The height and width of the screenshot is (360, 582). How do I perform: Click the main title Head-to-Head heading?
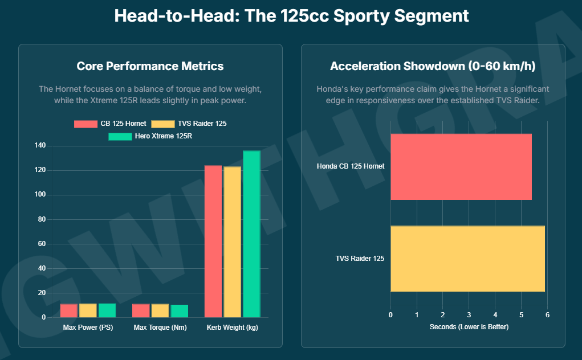(291, 15)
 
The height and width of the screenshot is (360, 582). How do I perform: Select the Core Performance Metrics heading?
(150, 66)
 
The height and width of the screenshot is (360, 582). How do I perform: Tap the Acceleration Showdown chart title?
(433, 66)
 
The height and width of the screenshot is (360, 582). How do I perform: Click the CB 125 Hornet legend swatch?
(86, 124)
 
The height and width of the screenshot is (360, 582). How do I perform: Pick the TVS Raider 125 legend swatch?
(163, 124)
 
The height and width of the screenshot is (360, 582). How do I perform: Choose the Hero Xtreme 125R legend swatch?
(120, 136)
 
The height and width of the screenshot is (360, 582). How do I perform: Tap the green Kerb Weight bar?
(251, 234)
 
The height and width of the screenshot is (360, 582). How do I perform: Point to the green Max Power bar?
(107, 310)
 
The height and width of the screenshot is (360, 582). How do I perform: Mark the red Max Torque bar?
(141, 310)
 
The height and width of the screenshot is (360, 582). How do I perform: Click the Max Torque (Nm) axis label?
(160, 328)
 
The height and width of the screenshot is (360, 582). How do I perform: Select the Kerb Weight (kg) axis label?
(232, 328)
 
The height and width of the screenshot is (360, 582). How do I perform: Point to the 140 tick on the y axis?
(39, 146)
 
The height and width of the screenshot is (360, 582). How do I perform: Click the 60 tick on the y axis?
(41, 244)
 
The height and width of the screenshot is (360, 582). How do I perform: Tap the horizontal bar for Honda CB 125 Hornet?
(461, 167)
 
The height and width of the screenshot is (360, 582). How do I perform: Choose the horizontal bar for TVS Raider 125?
(467, 259)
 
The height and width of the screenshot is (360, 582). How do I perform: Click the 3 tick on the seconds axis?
(469, 314)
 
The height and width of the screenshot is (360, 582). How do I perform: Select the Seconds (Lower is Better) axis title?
(469, 327)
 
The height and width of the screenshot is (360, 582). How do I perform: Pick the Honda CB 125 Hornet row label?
(351, 166)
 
